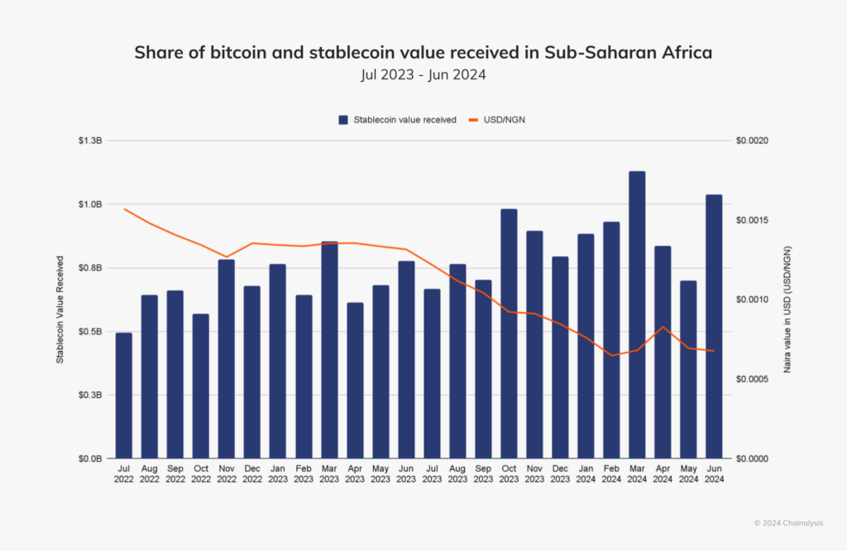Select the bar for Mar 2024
coord(637,314)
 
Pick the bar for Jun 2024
coord(714,326)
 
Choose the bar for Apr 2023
coord(355,381)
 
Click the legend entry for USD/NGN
coord(502,120)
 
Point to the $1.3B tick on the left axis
coord(90,141)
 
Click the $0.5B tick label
coord(90,332)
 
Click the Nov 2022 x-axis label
coord(226,472)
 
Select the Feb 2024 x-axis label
coord(611,472)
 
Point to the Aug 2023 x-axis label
coord(457,472)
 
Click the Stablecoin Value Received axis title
coord(60,299)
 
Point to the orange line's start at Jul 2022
coord(124,208)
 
